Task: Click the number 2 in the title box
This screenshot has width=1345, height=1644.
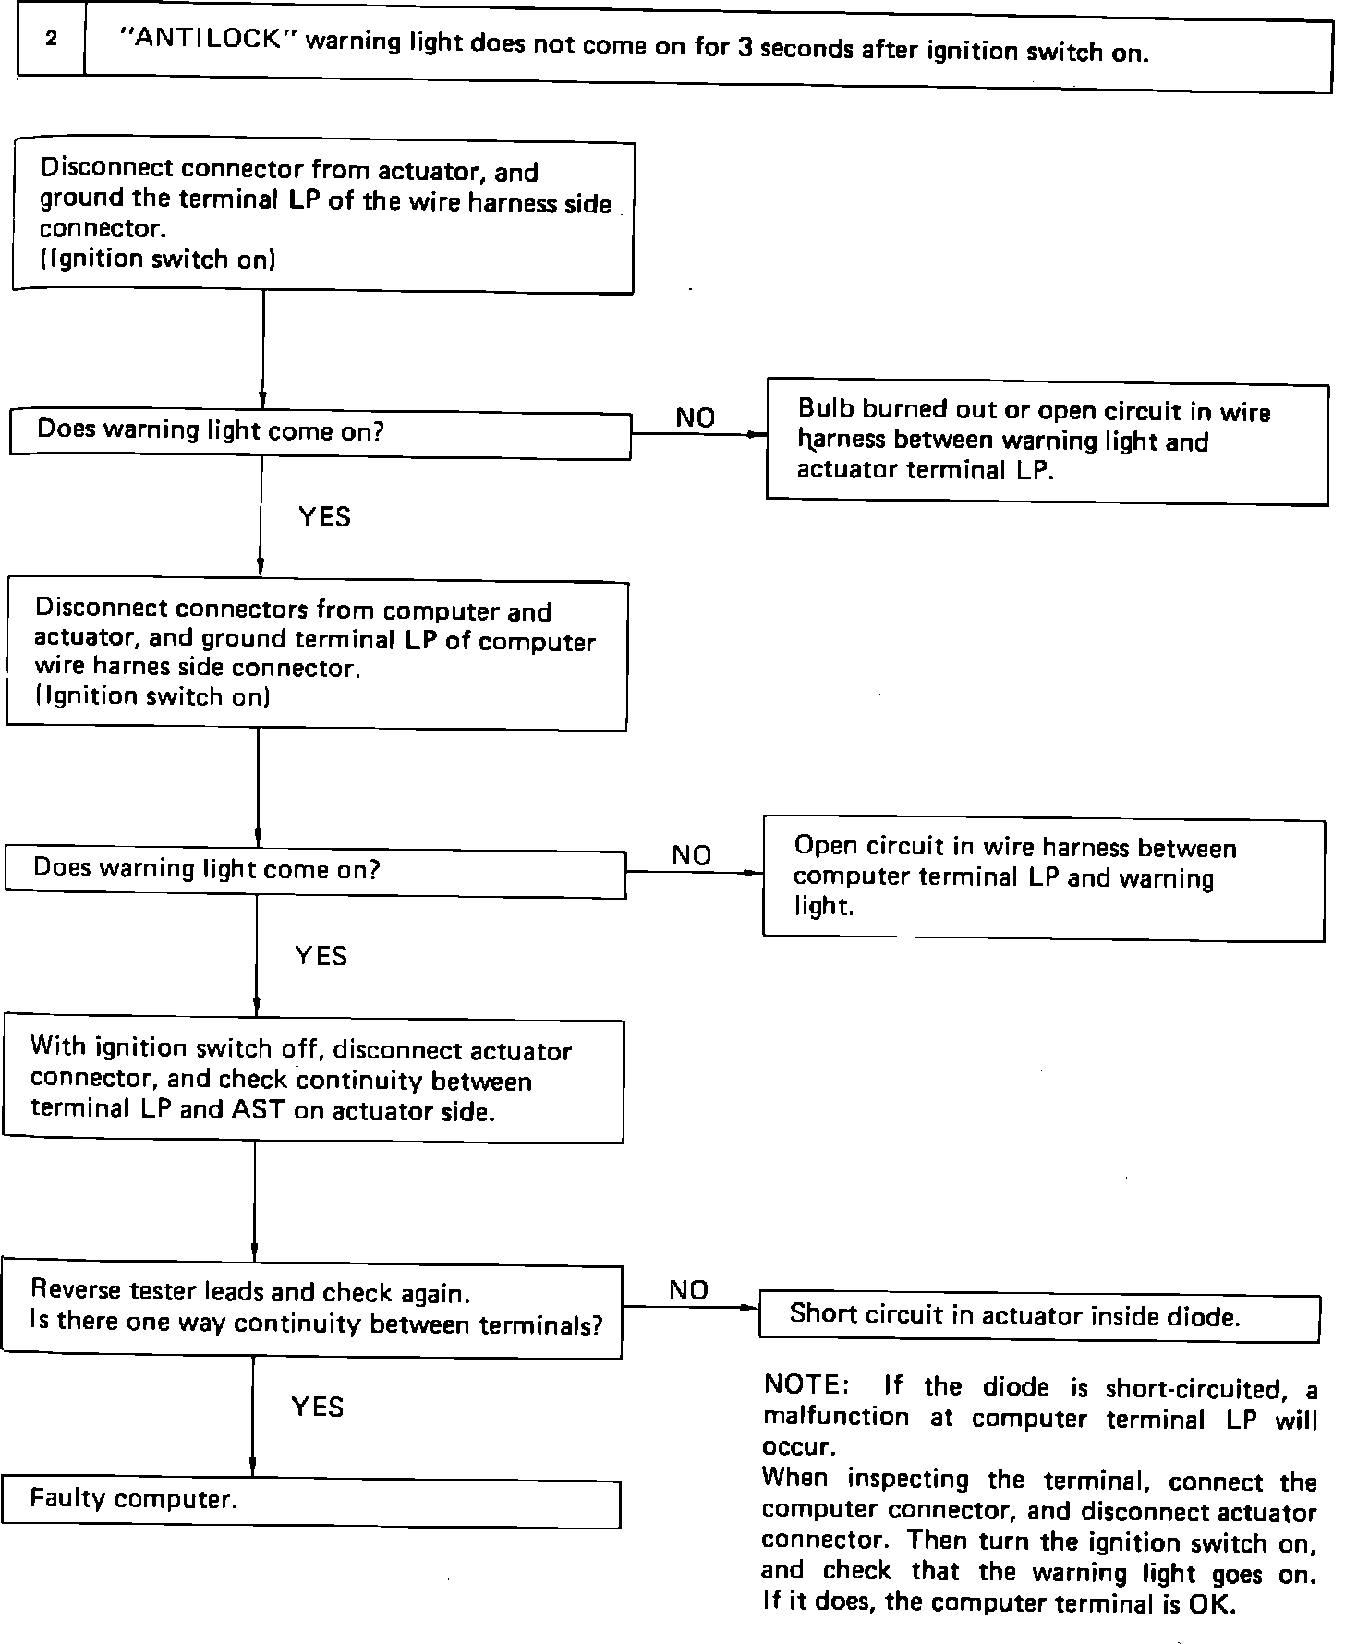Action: pyautogui.click(x=52, y=39)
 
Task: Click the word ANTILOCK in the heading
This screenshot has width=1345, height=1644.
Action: pyautogui.click(x=207, y=40)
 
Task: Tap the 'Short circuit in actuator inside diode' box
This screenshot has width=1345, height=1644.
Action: pyautogui.click(x=1038, y=1316)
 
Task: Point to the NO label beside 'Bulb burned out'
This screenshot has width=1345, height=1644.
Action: pyautogui.click(x=696, y=418)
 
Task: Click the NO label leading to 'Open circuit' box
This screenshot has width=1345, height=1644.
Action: pyautogui.click(x=692, y=855)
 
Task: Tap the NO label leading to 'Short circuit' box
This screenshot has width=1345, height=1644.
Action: pyautogui.click(x=688, y=1290)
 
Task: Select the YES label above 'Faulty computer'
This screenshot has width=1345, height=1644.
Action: pyautogui.click(x=318, y=1407)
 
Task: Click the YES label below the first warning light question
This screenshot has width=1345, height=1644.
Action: pyautogui.click(x=325, y=516)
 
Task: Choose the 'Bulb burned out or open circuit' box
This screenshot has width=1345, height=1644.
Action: pyautogui.click(x=1047, y=441)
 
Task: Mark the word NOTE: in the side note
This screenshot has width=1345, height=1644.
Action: pyautogui.click(x=802, y=1385)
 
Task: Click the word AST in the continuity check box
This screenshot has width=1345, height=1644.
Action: pyautogui.click(x=259, y=1109)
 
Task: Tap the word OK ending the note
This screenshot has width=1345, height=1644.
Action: pyautogui.click(x=1212, y=1603)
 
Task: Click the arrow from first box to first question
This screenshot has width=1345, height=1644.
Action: pyautogui.click(x=263, y=352)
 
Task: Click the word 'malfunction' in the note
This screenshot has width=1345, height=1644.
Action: pyautogui.click(x=836, y=1416)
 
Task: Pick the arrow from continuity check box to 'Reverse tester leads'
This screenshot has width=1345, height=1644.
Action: pyautogui.click(x=254, y=1201)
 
